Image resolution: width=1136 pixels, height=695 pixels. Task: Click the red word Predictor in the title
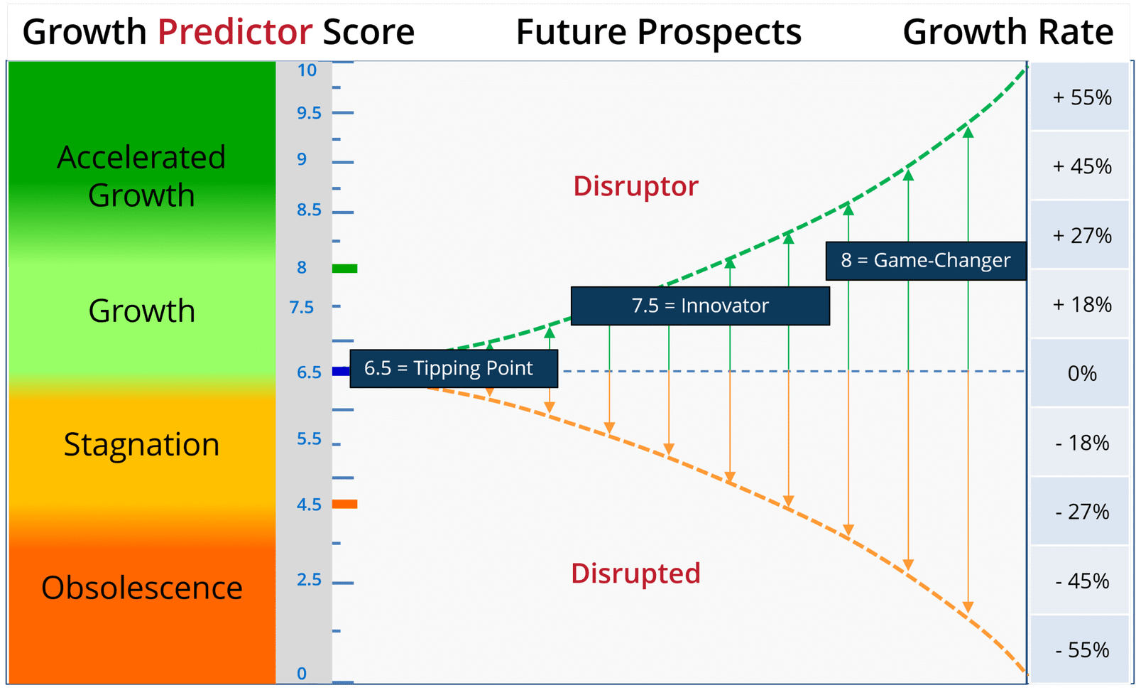coord(235,32)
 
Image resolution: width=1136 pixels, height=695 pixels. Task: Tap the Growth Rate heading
coord(1007,32)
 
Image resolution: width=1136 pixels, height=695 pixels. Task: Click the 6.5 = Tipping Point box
coord(454,369)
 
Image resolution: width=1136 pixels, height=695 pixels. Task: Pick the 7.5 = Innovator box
coord(700,306)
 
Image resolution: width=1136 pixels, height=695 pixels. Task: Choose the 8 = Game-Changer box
coord(926,261)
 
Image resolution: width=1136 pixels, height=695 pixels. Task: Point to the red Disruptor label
coord(635,186)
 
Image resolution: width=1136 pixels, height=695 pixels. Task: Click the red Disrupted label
coord(635,573)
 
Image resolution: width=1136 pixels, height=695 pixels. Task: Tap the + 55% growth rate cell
coord(1081,97)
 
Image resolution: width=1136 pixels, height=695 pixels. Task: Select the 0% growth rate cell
coord(1081,373)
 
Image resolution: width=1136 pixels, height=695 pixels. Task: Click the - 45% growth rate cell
coord(1081,581)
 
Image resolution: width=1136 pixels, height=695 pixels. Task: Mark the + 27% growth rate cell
coord(1081,235)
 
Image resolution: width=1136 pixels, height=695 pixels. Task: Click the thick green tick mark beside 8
coord(345,269)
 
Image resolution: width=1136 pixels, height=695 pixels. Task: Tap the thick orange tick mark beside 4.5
coord(345,504)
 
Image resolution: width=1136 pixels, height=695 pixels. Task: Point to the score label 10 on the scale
coord(307,70)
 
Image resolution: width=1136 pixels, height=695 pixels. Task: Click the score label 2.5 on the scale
coord(309,579)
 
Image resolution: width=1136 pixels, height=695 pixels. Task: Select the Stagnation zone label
coord(141,445)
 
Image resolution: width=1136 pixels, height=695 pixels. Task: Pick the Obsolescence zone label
coord(142,588)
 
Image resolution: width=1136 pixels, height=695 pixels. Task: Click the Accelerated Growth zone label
coord(141,176)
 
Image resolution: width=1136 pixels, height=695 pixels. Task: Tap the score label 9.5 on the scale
coord(309,113)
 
